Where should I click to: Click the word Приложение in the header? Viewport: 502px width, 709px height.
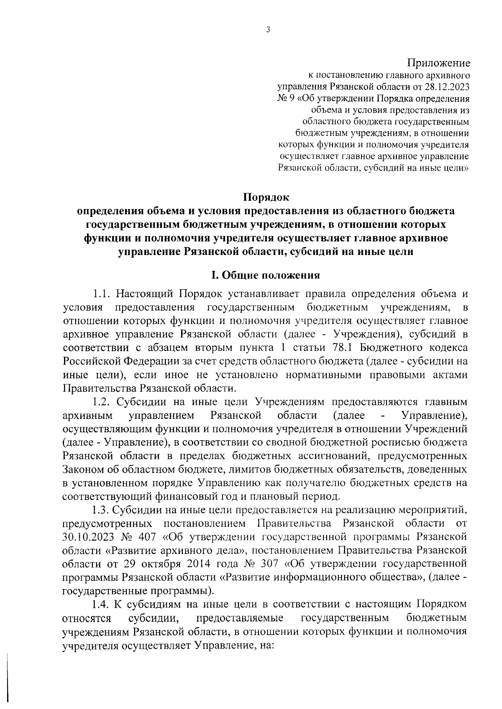(x=439, y=63)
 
